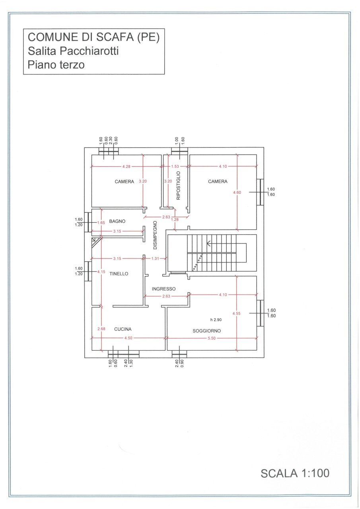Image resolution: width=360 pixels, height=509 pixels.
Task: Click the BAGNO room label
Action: click(x=117, y=221)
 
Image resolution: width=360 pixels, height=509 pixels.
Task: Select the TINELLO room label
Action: click(x=119, y=274)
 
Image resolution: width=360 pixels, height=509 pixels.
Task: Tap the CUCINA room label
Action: click(x=123, y=329)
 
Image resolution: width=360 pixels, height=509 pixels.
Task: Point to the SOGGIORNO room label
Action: click(x=207, y=330)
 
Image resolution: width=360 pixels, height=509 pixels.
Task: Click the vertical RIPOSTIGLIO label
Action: click(x=179, y=185)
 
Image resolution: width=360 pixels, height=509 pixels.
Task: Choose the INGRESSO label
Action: click(x=163, y=289)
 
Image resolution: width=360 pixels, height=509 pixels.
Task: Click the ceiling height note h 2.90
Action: click(x=216, y=320)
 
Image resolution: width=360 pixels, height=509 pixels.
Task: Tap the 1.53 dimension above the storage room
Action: click(x=175, y=166)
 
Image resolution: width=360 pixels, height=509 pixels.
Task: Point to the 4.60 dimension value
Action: click(x=237, y=192)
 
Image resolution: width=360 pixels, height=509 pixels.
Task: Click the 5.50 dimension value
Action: click(x=212, y=338)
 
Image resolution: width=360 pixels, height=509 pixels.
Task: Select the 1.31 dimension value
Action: click(x=155, y=258)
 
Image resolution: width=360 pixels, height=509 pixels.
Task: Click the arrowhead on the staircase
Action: click(x=208, y=243)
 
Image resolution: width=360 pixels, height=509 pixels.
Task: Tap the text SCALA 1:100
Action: click(x=295, y=473)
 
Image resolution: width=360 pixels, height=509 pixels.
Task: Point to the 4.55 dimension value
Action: click(x=237, y=313)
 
